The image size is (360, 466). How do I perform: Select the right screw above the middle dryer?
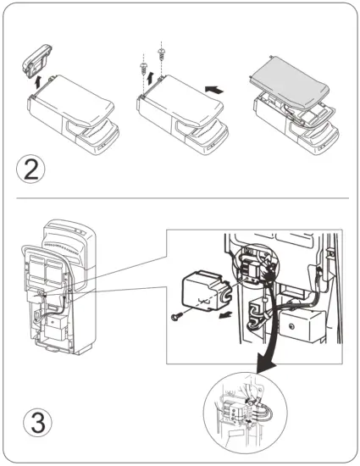[x=159, y=53]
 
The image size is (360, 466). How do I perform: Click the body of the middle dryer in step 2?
[x=182, y=110]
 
